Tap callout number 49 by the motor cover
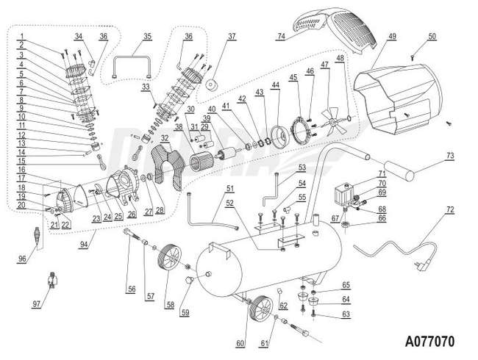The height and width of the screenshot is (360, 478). click(x=391, y=36)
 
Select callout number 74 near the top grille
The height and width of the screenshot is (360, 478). click(x=280, y=36)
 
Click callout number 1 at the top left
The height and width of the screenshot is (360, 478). click(x=22, y=36)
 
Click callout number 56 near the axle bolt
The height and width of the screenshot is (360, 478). click(x=131, y=289)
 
